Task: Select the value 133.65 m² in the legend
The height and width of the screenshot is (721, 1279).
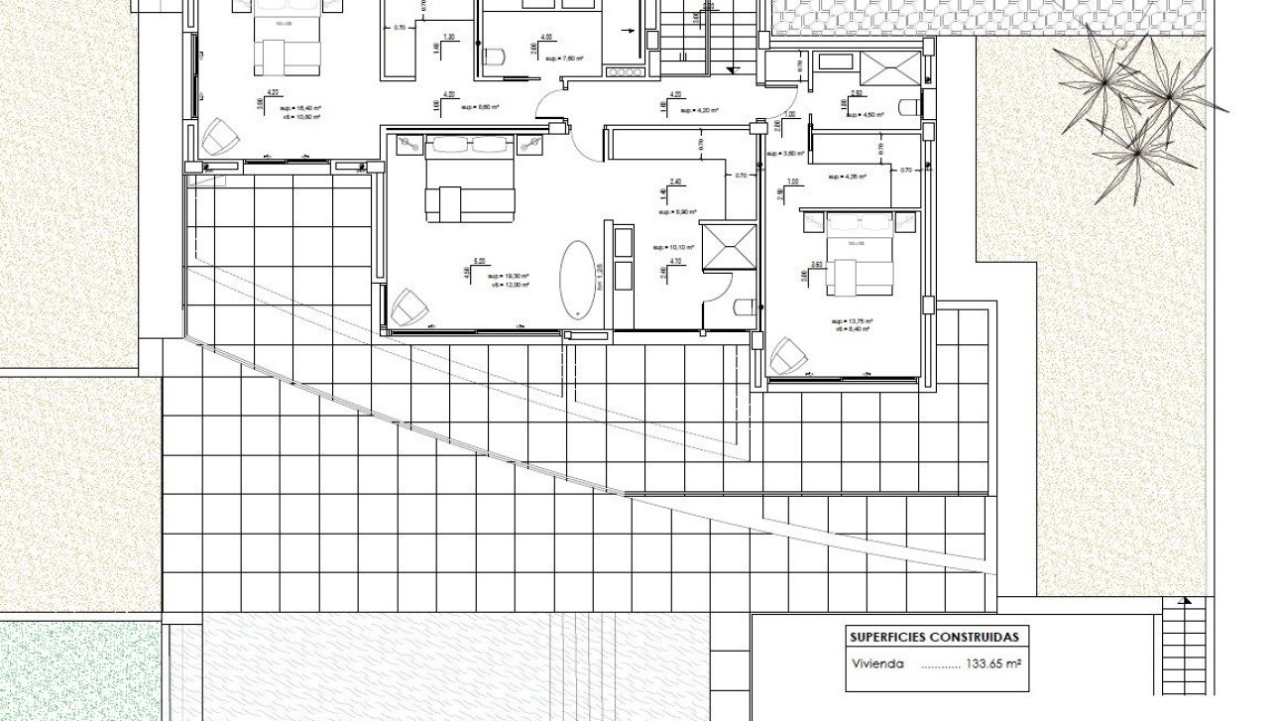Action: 992,664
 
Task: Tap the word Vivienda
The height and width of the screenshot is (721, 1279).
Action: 877,664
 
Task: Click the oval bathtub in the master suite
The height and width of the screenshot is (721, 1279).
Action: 577,279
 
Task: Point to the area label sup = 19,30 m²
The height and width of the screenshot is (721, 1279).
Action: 509,276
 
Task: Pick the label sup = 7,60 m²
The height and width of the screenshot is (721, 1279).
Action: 564,59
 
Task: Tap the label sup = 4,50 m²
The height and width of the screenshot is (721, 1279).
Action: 866,115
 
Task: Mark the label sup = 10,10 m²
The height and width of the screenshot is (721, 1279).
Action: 673,247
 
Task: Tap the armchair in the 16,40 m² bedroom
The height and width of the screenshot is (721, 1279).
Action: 216,136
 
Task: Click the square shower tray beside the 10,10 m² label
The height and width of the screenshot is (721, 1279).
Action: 728,246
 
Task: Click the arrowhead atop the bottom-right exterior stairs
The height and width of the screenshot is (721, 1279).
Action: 1184,600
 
